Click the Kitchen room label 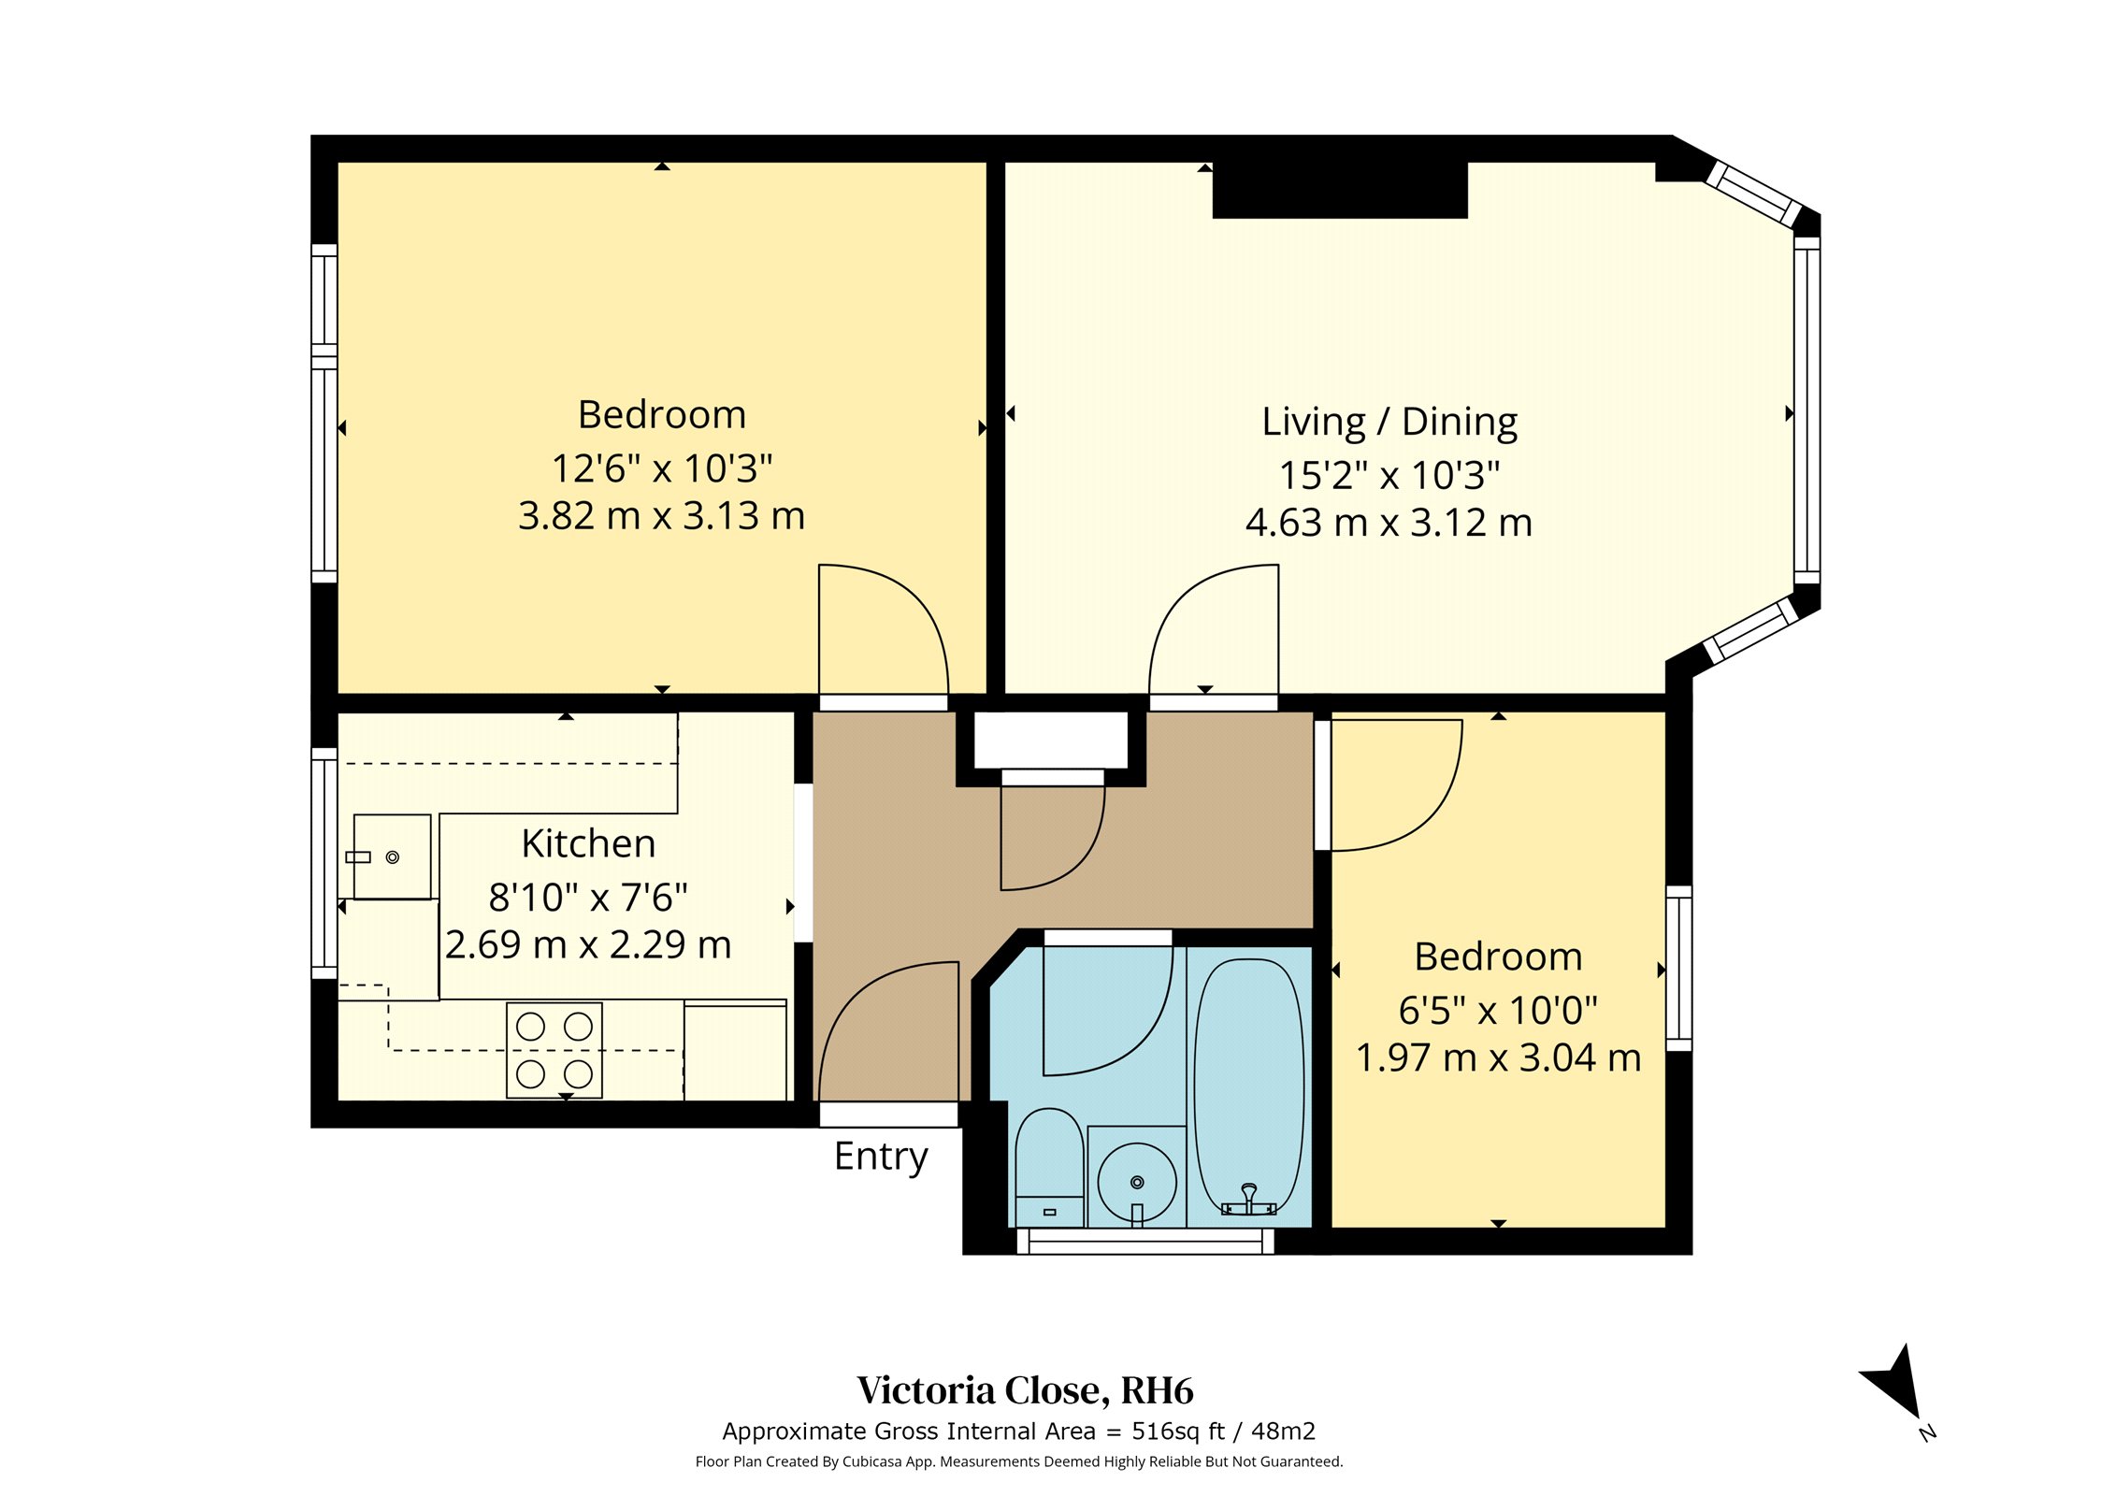click(588, 844)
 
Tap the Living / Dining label click(1389, 423)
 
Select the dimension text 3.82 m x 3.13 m click(661, 516)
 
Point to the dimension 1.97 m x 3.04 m click(1498, 1057)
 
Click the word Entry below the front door click(881, 1158)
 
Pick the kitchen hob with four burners click(554, 1050)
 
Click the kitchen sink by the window click(392, 856)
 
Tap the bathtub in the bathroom click(1249, 1088)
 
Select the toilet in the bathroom click(1049, 1167)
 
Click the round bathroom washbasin click(1137, 1182)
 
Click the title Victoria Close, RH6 click(1026, 1390)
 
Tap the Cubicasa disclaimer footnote click(1018, 1461)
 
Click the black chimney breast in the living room click(1340, 191)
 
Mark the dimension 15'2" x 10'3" click(1389, 475)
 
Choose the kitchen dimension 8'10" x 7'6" click(588, 898)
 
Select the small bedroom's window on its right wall click(1679, 968)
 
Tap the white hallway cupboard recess click(1051, 739)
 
